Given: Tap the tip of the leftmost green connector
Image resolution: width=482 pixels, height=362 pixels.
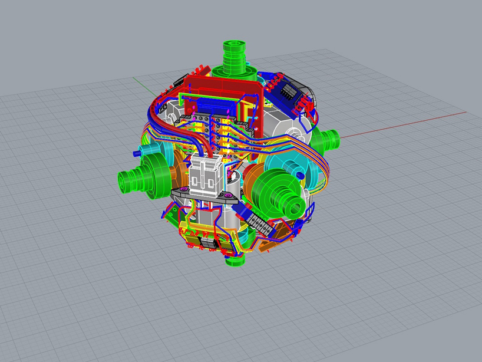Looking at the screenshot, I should coord(124,179).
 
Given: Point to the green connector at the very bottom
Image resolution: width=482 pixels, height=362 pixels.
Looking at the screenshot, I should coord(234,259).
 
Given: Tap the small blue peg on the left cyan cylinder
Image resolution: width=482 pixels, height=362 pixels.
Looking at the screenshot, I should coord(137,152).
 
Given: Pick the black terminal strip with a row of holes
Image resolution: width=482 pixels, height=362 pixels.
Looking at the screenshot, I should coord(257,223).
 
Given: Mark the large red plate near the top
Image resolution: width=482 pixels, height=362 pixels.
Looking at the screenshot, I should coord(218,88).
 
